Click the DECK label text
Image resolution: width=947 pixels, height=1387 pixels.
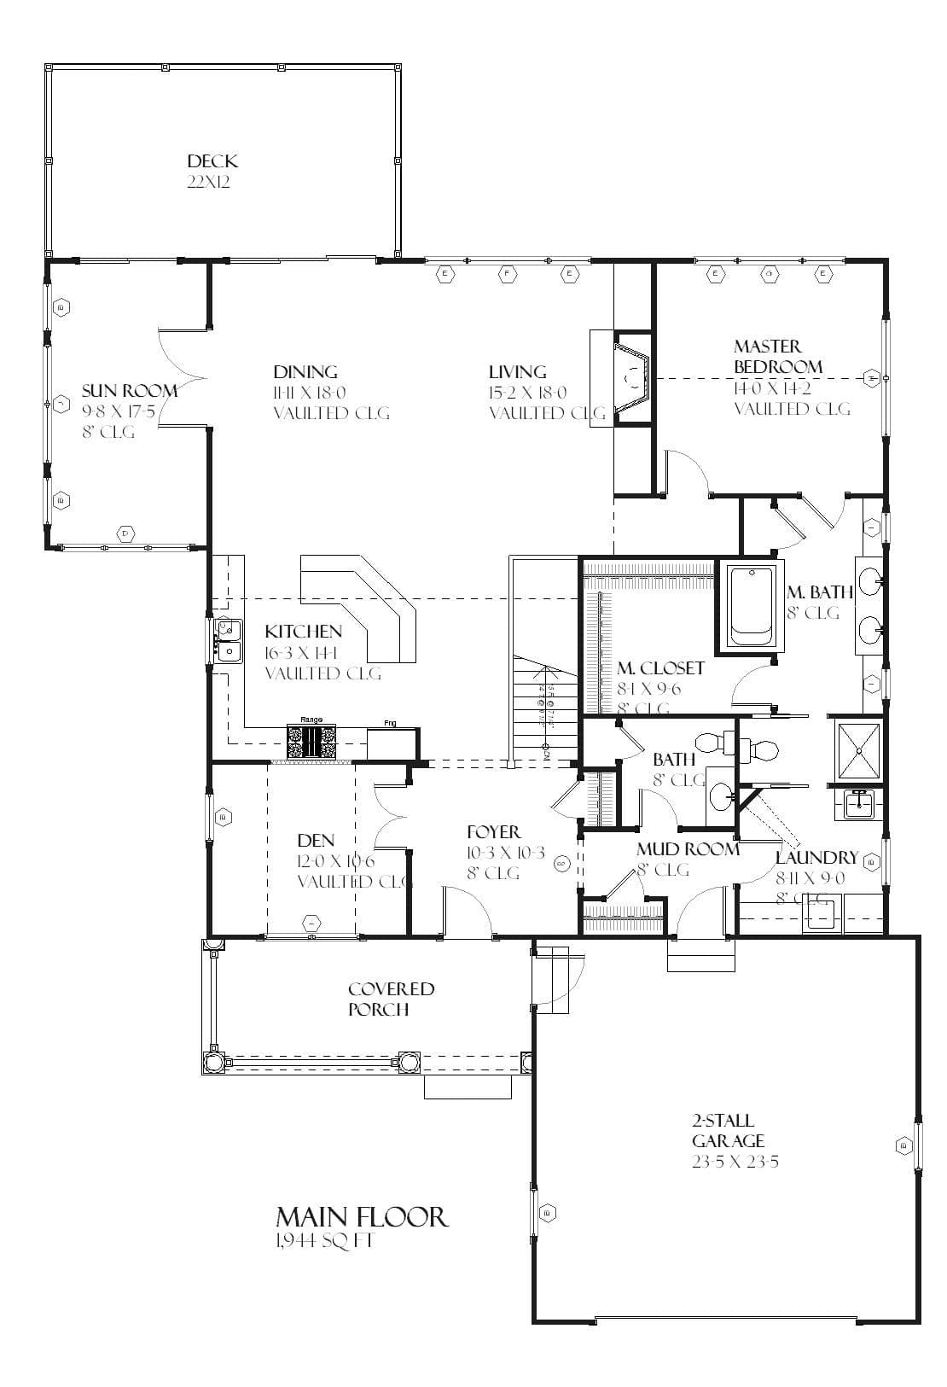click(212, 161)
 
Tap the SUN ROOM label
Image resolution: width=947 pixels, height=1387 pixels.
click(130, 391)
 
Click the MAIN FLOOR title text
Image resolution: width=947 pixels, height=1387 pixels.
click(361, 1216)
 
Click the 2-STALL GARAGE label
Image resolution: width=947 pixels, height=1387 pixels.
click(728, 1130)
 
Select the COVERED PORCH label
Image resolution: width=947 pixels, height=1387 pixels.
click(391, 999)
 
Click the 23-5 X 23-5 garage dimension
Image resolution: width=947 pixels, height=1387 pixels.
click(736, 1162)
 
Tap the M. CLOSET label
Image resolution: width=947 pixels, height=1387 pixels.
click(660, 667)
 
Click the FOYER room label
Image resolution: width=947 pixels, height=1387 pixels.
click(493, 831)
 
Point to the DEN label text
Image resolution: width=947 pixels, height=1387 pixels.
click(316, 840)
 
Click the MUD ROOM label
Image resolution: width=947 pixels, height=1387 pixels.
click(688, 849)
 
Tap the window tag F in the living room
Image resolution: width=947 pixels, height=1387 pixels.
click(508, 274)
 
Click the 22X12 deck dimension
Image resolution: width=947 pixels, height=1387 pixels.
click(210, 182)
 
